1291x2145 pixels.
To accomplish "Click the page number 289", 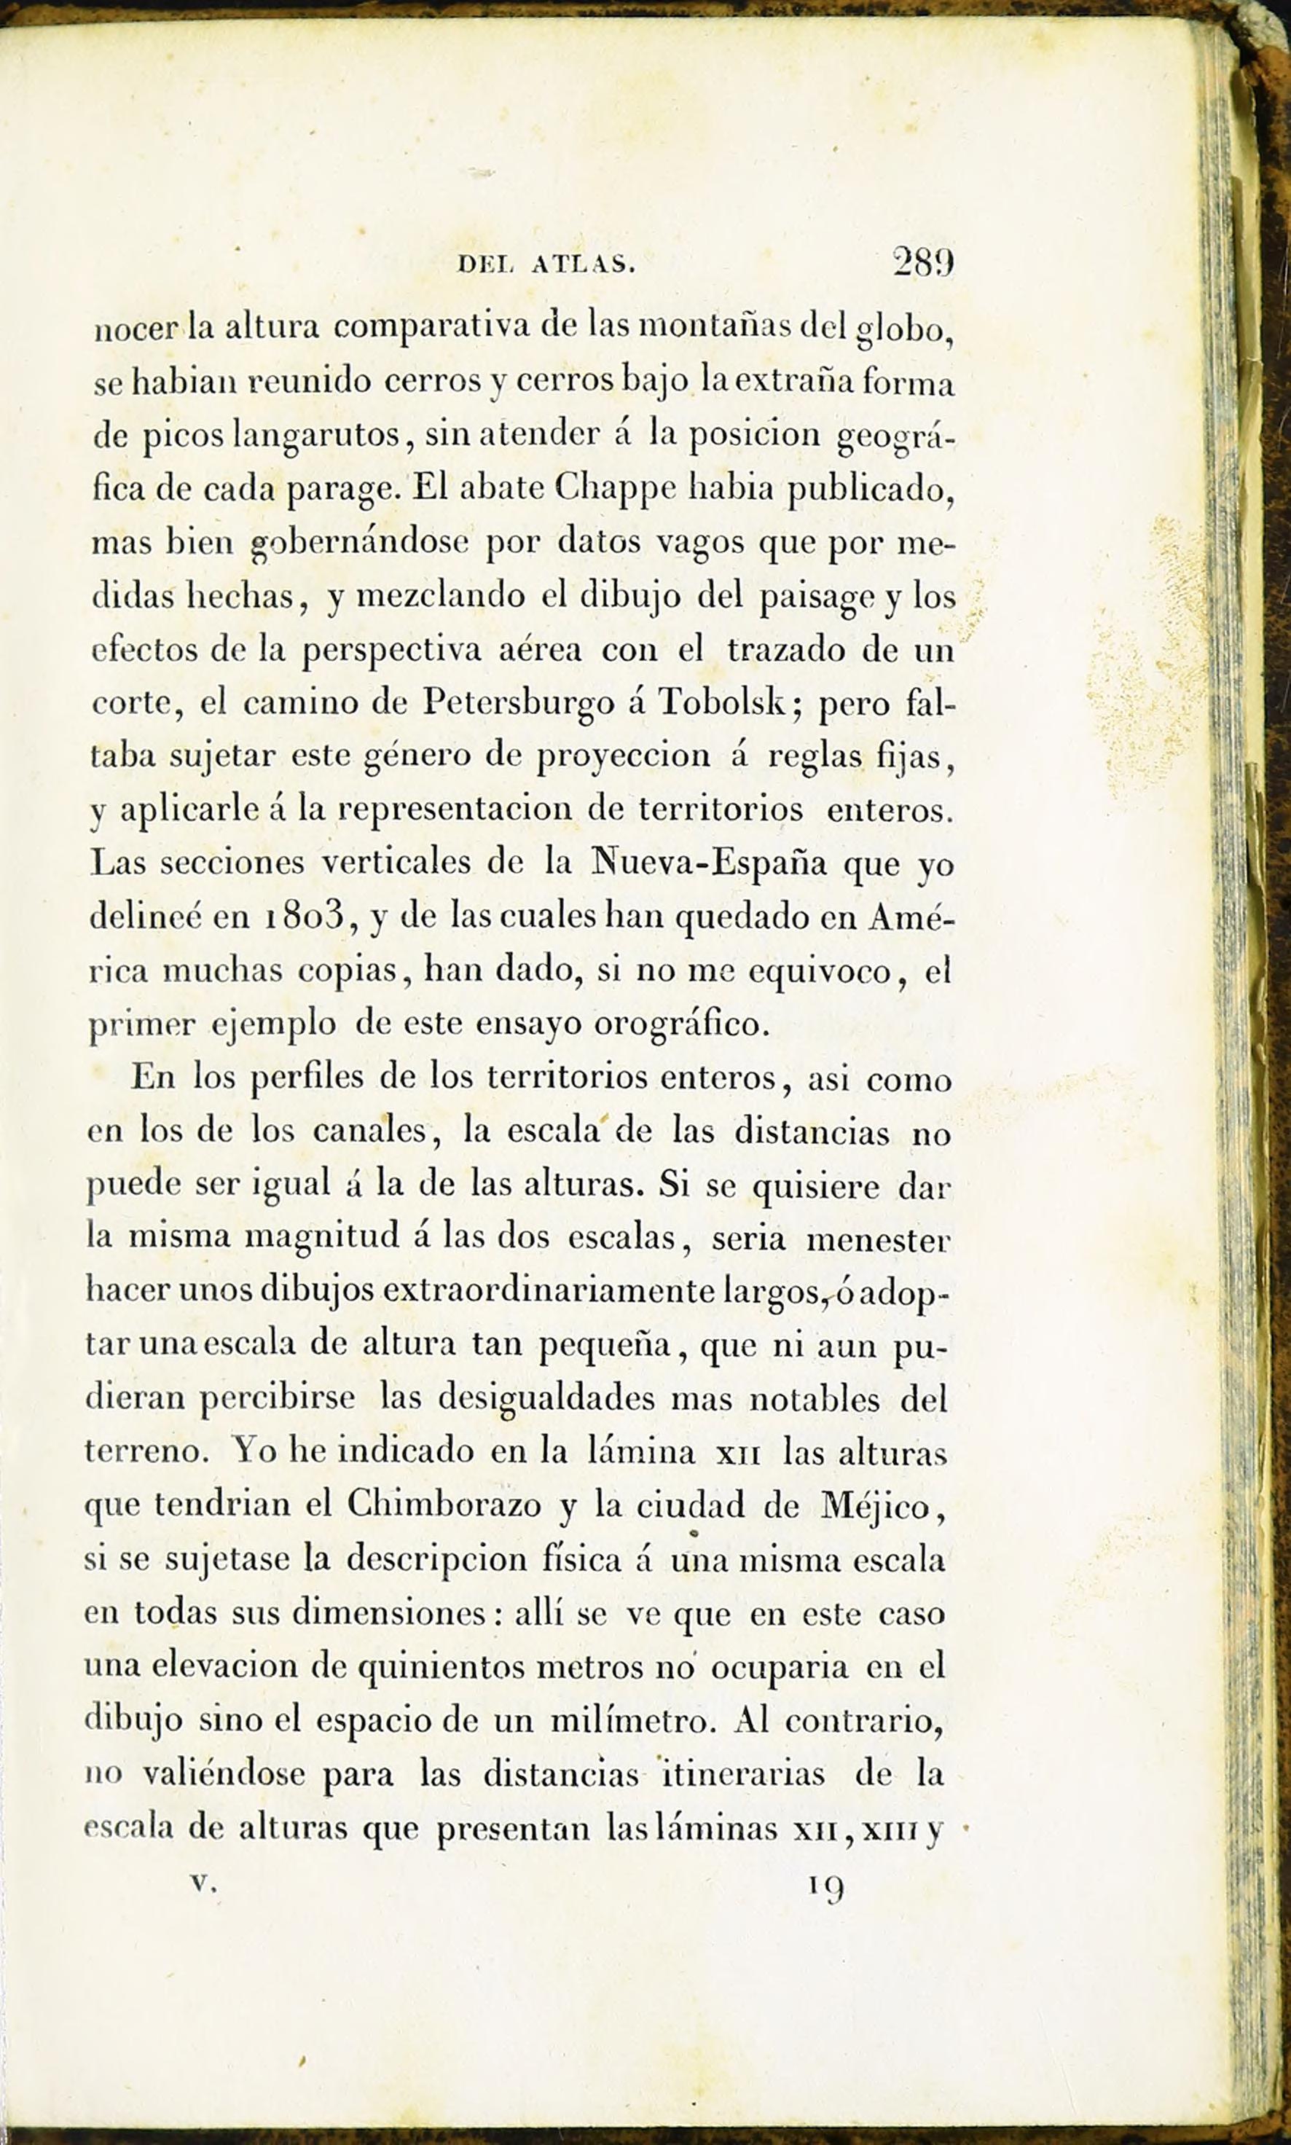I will pyautogui.click(x=923, y=263).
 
